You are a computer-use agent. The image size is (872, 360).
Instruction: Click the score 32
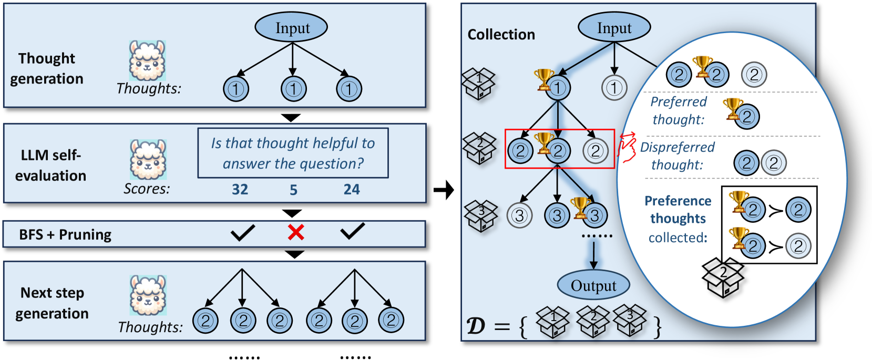[x=240, y=189]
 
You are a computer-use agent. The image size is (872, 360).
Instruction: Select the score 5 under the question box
[x=293, y=190]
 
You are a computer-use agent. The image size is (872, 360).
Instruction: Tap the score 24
[x=352, y=189]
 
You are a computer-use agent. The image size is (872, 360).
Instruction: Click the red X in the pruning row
[x=296, y=232]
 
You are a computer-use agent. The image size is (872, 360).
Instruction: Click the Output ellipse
[x=593, y=285]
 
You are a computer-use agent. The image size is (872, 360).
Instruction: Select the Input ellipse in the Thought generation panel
[x=292, y=28]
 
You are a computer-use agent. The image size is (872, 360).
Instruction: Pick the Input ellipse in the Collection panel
[x=614, y=28]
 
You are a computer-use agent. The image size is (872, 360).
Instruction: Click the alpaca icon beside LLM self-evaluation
[x=148, y=160]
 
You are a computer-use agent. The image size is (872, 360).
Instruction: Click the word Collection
[x=501, y=35]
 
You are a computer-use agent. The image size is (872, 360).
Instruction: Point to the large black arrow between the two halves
[x=444, y=190]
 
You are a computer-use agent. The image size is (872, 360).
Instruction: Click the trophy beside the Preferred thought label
[x=732, y=108]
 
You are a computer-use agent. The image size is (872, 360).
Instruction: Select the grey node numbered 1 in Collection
[x=614, y=88]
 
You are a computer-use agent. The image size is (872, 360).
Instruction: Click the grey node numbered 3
[x=519, y=215]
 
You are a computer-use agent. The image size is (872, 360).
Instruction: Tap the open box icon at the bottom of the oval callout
[x=723, y=277]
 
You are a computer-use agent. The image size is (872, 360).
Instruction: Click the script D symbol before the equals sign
[x=476, y=326]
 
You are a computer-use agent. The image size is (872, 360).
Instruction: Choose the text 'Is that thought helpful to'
[x=293, y=143]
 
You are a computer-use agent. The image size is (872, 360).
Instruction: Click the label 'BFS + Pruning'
[x=65, y=234]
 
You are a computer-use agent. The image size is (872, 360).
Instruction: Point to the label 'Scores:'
[x=147, y=189]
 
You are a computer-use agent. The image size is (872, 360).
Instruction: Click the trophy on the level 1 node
[x=543, y=79]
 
